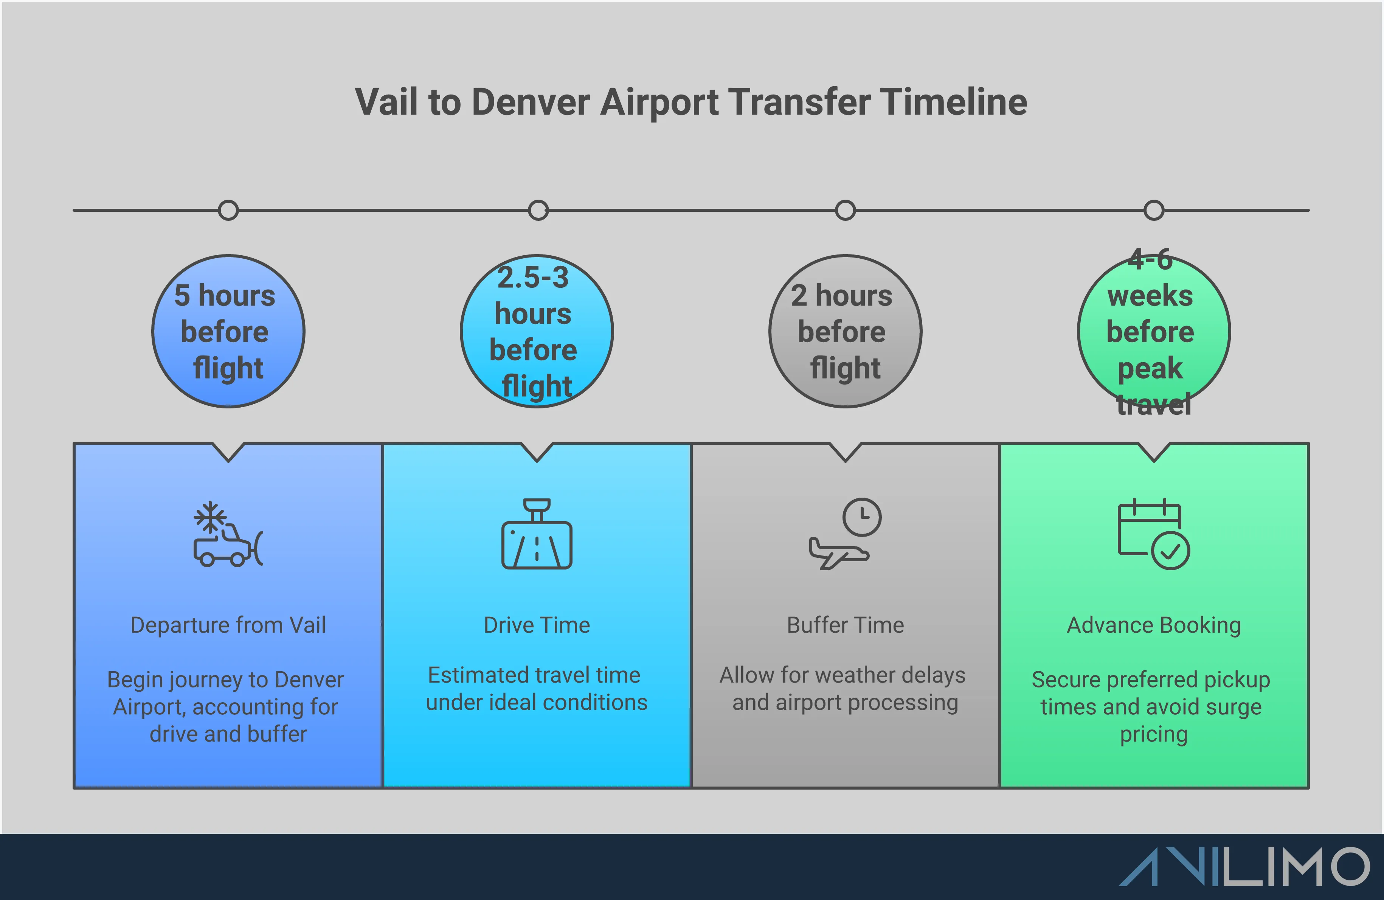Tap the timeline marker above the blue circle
228,210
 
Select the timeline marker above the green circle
1154,210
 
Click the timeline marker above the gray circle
845,210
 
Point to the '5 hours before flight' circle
228,331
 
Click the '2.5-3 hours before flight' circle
536,331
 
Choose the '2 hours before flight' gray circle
845,331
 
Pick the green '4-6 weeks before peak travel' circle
1154,331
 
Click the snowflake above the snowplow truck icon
210,516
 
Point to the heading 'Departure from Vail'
228,625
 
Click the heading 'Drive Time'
536,625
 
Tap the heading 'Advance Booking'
1154,625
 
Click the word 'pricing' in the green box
1154,734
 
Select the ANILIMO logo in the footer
1244,866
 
